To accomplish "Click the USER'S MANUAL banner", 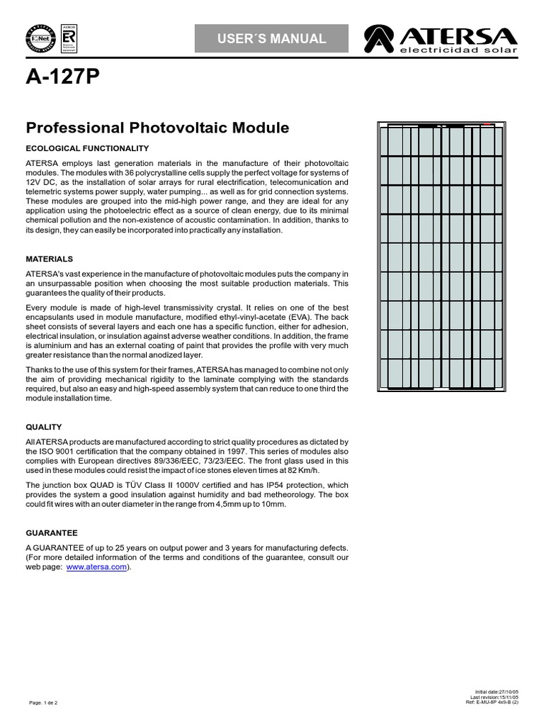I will [271, 38].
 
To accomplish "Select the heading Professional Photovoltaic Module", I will [157, 128].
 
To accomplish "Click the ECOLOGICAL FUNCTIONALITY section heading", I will [87, 148].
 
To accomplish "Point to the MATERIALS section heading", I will [49, 259].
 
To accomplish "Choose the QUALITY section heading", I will [44, 427].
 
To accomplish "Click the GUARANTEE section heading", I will [52, 532].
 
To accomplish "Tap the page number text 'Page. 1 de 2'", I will [43, 703].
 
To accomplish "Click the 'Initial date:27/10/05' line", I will [496, 691].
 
